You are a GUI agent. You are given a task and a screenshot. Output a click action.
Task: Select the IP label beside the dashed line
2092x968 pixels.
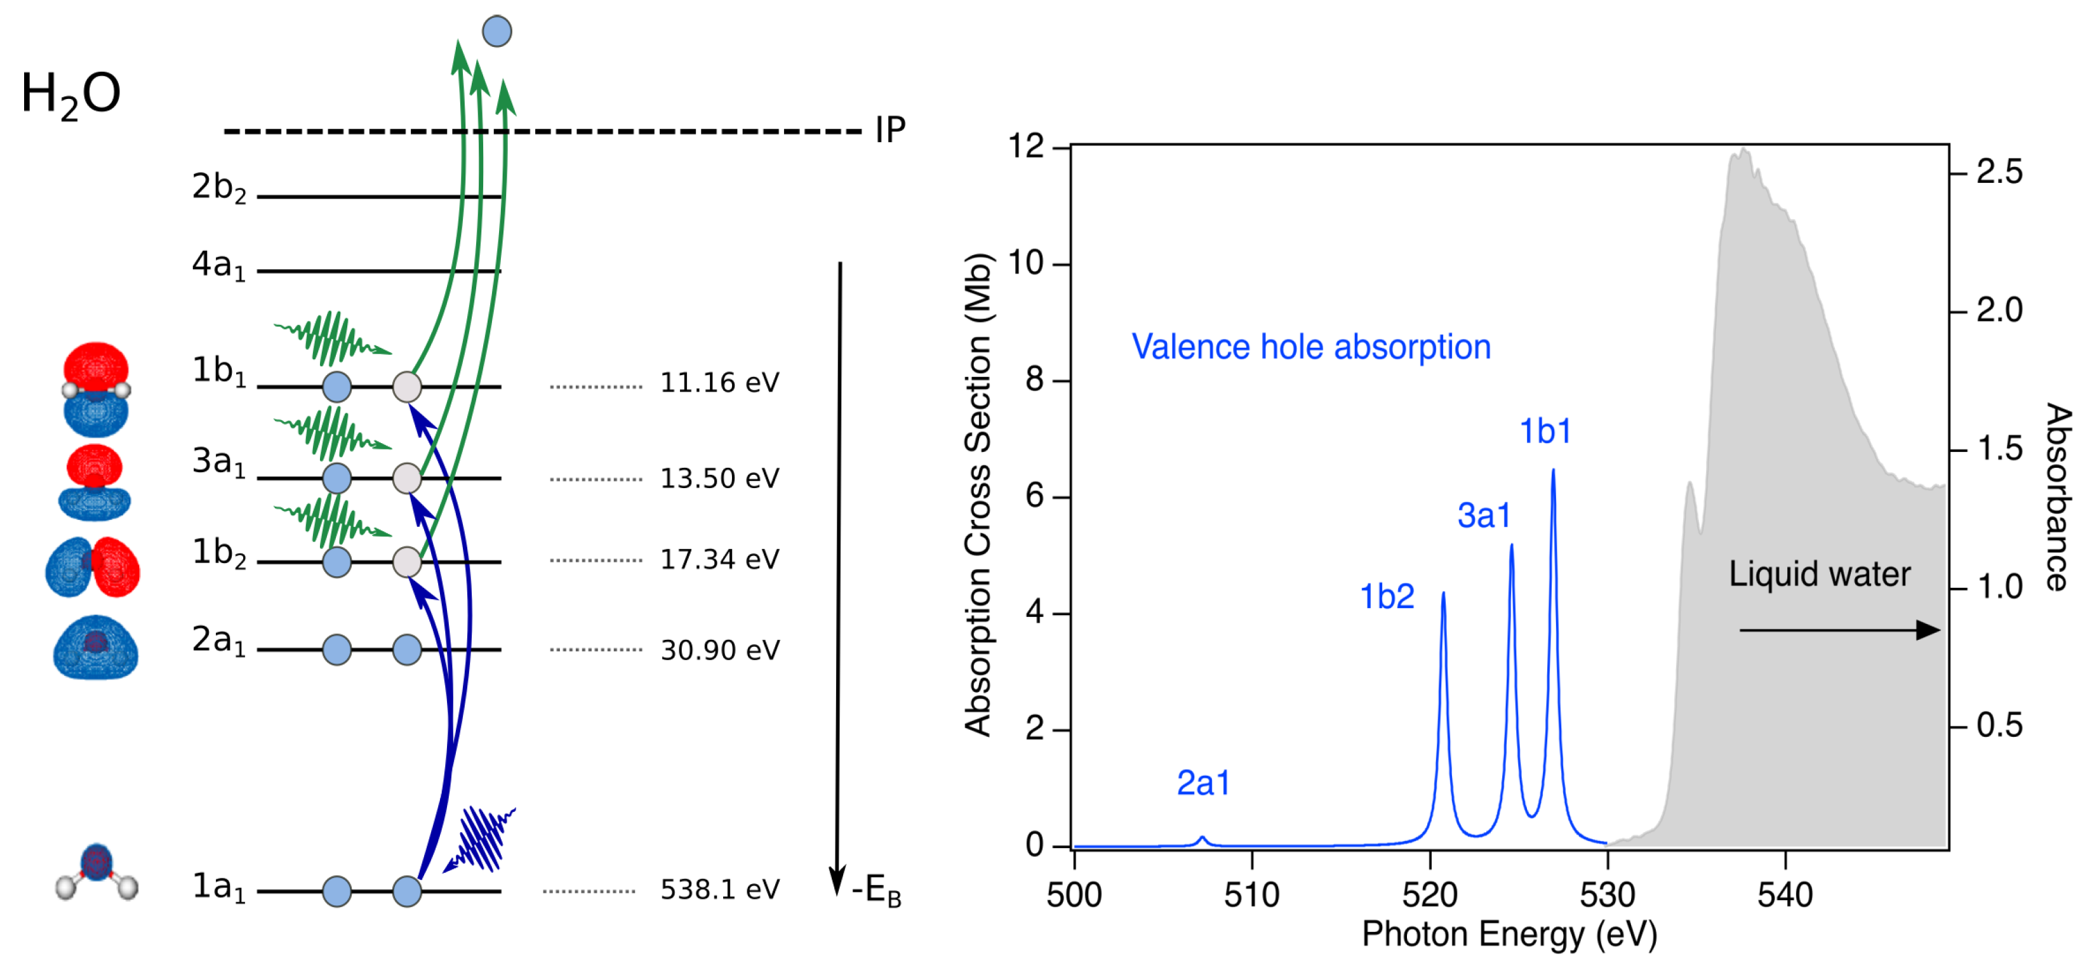(890, 130)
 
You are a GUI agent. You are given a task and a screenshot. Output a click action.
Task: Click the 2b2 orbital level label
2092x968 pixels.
(218, 188)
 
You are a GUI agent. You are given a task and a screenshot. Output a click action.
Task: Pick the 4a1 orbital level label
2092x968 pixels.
(218, 265)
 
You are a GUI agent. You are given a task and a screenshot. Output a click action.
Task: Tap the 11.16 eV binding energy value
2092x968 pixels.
(719, 383)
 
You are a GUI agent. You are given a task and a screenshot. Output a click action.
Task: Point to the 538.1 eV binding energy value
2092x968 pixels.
(719, 889)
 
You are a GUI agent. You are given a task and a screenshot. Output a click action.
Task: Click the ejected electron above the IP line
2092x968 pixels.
(497, 32)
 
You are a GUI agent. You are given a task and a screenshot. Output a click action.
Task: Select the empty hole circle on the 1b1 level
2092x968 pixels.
(407, 387)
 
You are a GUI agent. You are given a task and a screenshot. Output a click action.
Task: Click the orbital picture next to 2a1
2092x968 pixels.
(96, 647)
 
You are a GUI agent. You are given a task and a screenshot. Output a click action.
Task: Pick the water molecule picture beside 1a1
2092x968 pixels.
(96, 873)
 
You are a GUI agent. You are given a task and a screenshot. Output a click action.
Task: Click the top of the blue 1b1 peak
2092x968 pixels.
(1553, 471)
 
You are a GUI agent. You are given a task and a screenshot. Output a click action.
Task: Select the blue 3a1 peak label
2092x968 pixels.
(1484, 515)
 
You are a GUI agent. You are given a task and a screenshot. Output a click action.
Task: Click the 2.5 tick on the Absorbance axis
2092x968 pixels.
(1999, 172)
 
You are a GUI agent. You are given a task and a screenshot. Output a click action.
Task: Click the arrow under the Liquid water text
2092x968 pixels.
(1839, 630)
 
